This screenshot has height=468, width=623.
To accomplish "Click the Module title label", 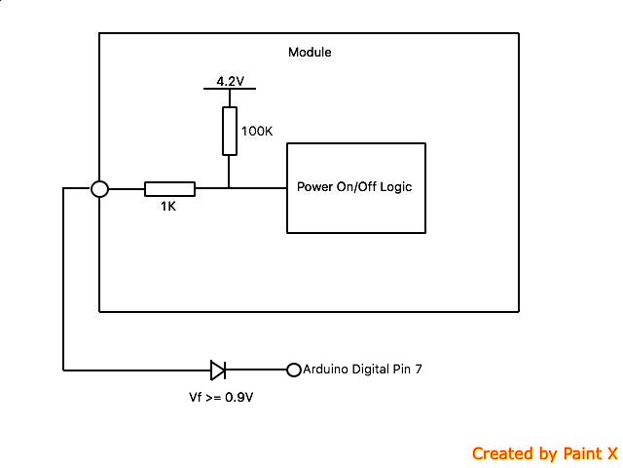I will (310, 52).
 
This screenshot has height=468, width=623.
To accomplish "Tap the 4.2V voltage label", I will (229, 81).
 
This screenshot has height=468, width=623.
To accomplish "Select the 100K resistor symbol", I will (229, 132).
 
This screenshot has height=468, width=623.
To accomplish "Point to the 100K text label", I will (256, 130).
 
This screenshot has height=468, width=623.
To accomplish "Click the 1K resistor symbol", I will (169, 189).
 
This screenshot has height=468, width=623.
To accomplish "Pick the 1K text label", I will (169, 207).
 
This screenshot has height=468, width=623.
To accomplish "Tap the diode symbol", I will (218, 370).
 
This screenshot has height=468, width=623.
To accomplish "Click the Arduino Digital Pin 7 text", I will (362, 370).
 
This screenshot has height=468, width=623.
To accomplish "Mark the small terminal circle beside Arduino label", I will (293, 370).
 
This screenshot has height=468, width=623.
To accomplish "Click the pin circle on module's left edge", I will (99, 189).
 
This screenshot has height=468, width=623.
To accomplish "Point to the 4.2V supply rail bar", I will (229, 89).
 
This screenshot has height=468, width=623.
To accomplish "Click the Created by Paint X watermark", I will (544, 453).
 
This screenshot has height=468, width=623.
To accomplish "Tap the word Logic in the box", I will (394, 186).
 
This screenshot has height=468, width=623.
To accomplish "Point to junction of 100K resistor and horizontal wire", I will (229, 189).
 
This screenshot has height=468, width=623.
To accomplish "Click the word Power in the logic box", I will (313, 186).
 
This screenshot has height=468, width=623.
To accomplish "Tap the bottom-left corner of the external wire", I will (64, 370).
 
